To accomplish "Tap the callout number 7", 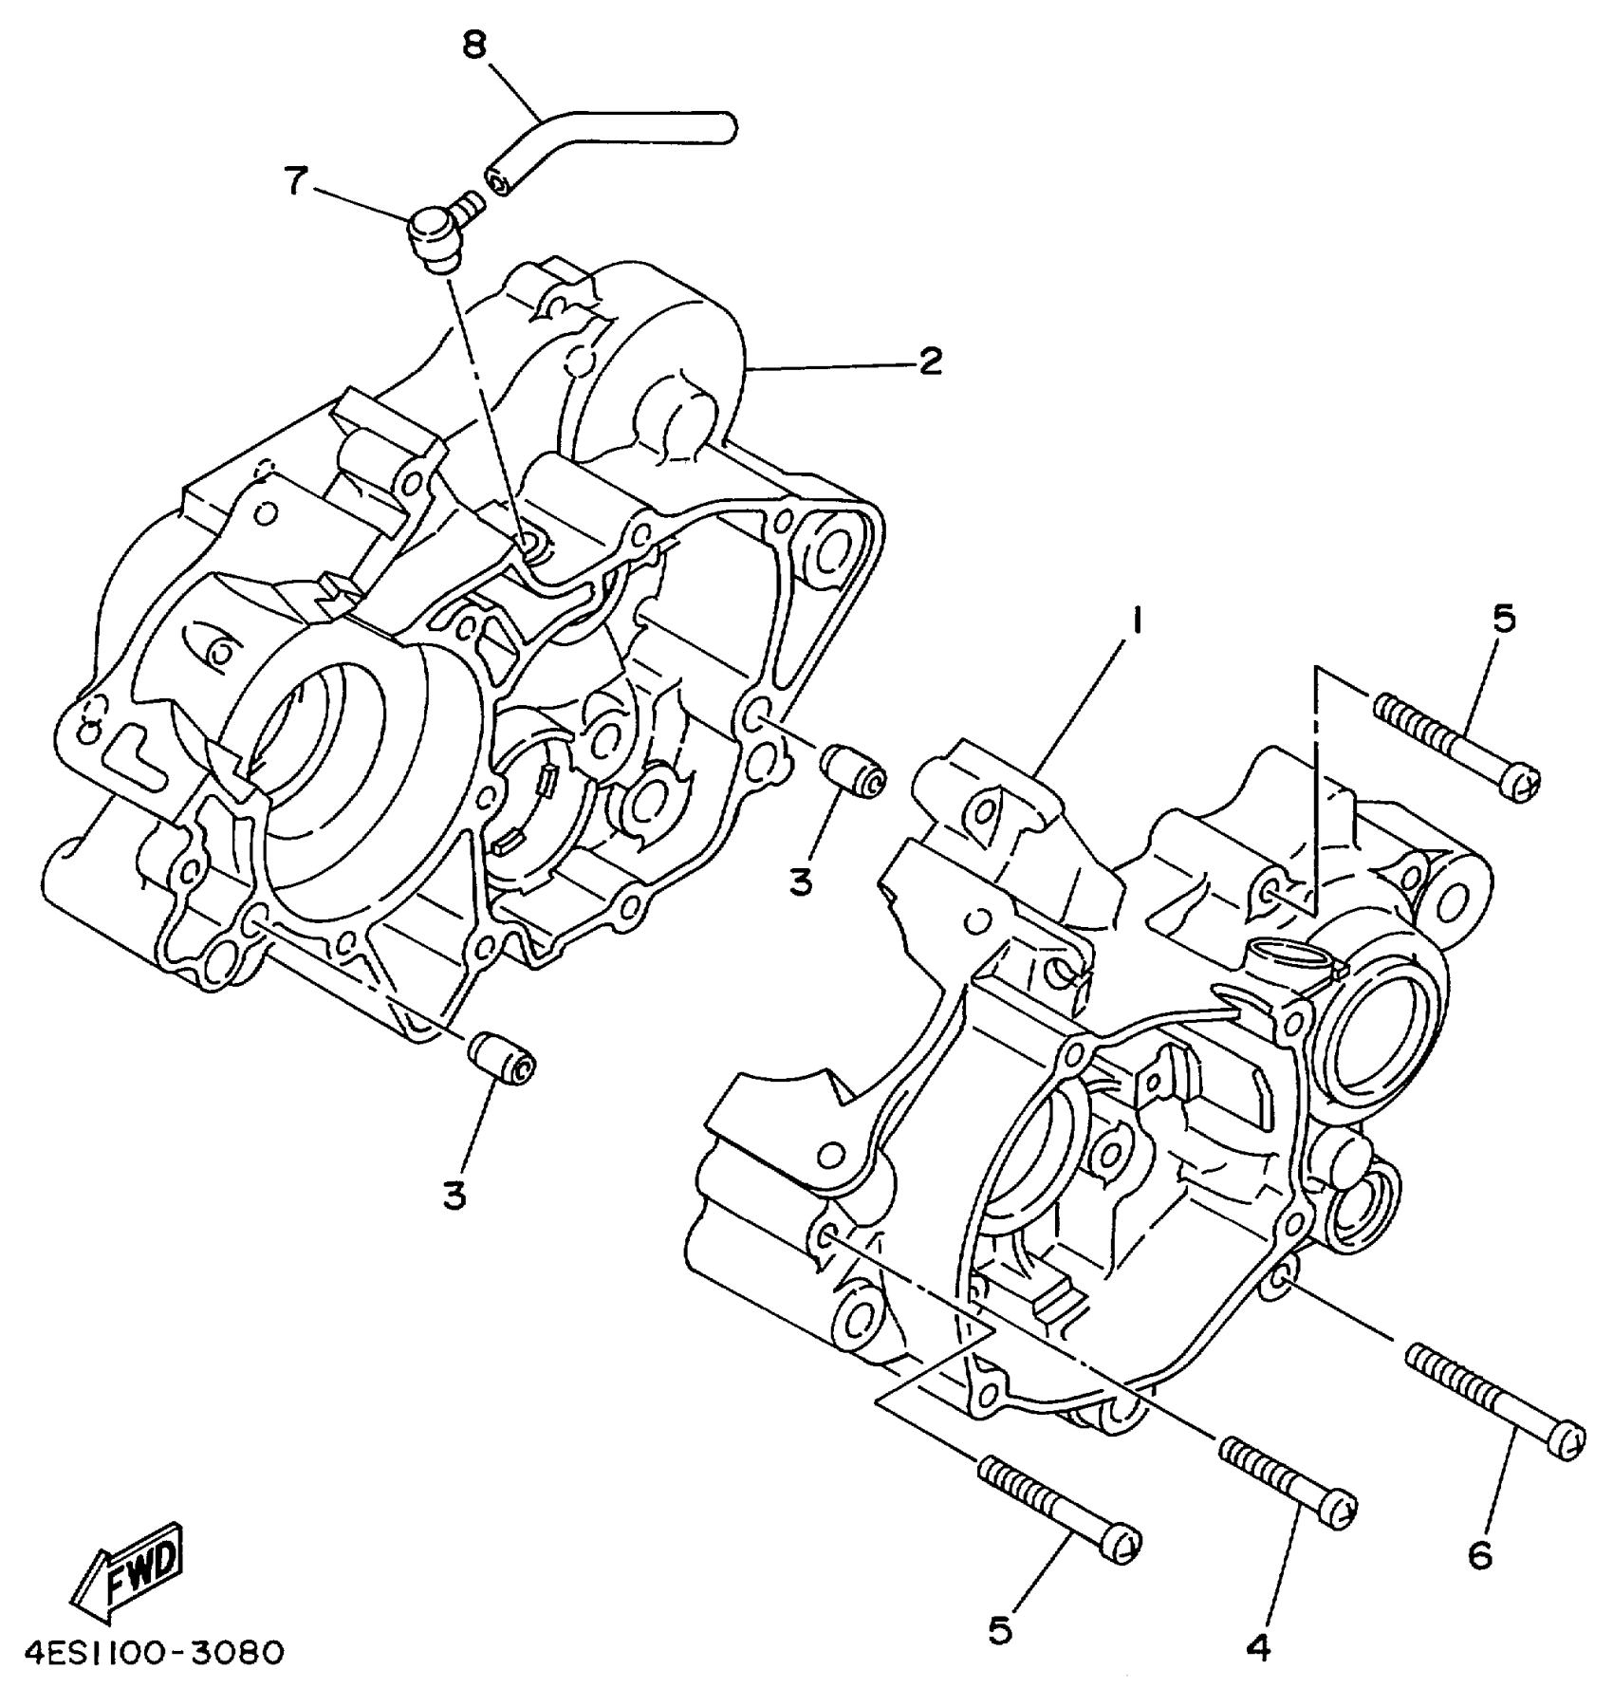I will pos(297,180).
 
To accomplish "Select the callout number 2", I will pos(929,362).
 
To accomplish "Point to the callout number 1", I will pos(1136,621).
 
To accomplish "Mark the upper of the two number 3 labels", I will pos(802,882).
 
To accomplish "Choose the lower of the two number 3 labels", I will pos(455,1196).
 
